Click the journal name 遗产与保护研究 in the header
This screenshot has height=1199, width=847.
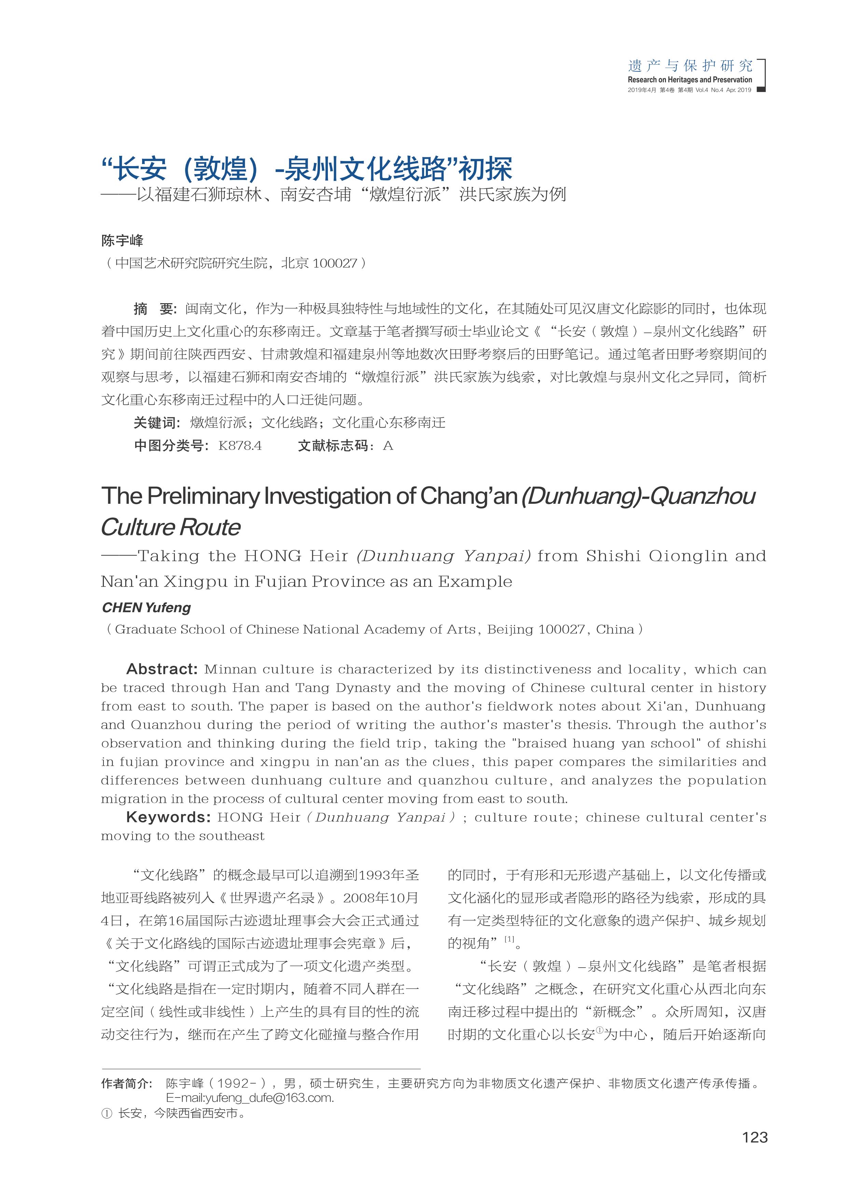tap(690, 66)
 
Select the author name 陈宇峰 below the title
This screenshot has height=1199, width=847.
tap(122, 241)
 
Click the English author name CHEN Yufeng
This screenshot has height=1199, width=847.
tap(146, 607)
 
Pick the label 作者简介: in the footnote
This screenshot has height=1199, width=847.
tap(127, 1083)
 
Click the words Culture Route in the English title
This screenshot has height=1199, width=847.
tap(171, 527)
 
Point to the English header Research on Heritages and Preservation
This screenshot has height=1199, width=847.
tap(690, 80)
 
